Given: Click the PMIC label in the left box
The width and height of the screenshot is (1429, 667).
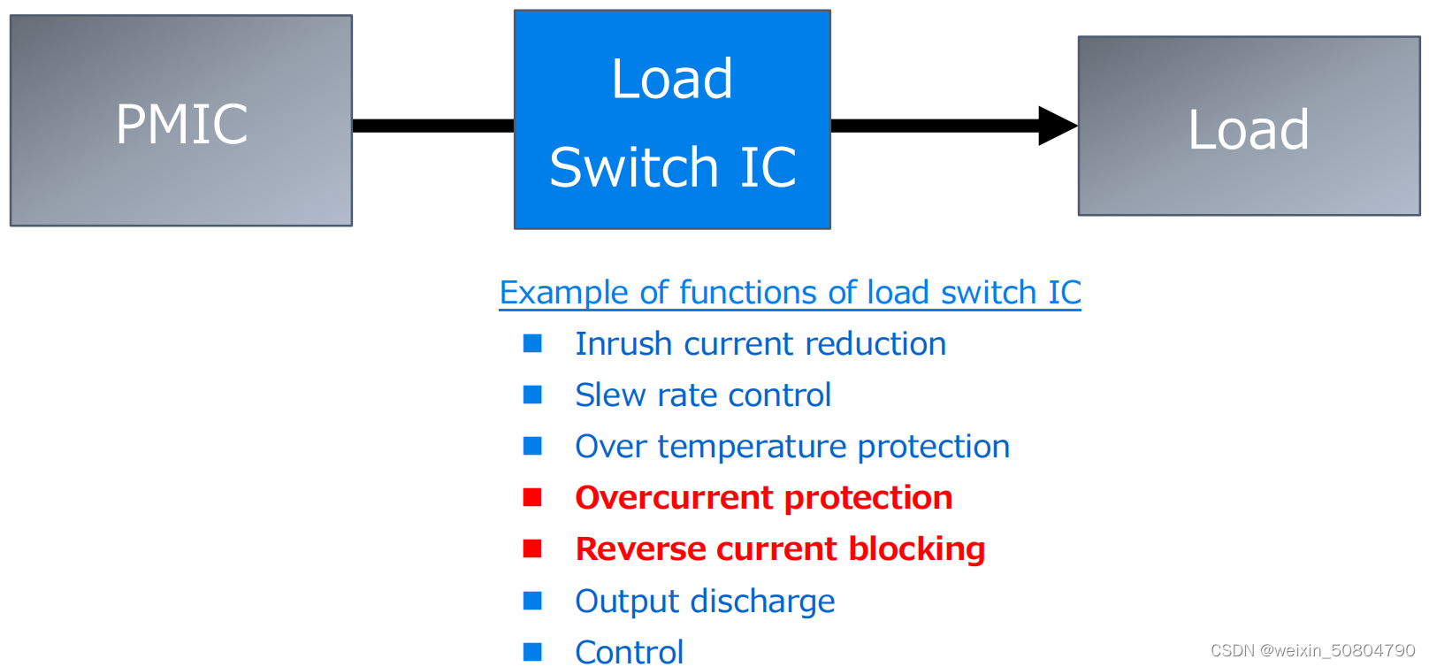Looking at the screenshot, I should tap(181, 124).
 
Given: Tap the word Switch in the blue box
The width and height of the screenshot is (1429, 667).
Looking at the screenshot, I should tap(633, 167).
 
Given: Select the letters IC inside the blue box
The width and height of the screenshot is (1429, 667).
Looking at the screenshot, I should tap(768, 167).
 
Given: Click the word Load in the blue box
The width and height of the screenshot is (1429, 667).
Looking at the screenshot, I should tap(672, 79).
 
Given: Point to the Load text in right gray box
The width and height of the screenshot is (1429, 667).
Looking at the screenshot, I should tap(1248, 130).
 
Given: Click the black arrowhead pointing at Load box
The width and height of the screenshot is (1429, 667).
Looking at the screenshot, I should tap(1056, 126).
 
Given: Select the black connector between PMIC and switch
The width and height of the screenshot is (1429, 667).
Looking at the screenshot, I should tap(433, 126).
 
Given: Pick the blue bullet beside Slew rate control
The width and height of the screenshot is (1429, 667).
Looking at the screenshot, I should tap(532, 395).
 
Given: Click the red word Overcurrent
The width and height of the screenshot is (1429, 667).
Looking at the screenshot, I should tap(674, 498).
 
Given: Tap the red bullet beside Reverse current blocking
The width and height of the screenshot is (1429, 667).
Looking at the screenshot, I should tap(532, 548).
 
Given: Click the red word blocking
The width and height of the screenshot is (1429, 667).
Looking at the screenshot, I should tap(916, 549).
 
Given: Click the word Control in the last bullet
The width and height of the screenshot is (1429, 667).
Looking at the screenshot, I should tap(629, 653).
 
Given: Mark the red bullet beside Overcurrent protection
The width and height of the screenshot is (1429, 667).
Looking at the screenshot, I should tap(532, 497).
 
